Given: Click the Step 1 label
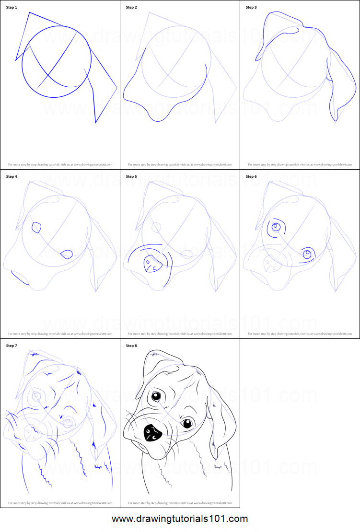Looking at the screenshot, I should point(12,8).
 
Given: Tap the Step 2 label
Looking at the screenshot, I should point(131,8).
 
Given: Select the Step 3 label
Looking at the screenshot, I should point(251,8).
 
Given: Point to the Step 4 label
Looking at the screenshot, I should point(12,176).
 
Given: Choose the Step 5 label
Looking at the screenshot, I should point(131,176).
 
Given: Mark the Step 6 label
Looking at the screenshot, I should point(251,176).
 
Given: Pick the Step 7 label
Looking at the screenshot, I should point(12,345).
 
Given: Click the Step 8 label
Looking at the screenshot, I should point(131,345).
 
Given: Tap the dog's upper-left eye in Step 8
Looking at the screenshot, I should point(156,397).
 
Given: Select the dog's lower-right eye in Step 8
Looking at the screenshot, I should point(187,423).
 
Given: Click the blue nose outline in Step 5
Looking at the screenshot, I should point(152,264).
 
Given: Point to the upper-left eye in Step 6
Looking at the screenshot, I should point(276,227).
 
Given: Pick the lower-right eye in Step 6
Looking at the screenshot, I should point(307,254).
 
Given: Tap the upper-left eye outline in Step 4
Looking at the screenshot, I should point(36,227).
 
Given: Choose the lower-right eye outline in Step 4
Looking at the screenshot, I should point(67,254).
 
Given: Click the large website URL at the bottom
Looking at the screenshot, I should point(180,519).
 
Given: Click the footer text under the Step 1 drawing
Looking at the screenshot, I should point(60,164).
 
